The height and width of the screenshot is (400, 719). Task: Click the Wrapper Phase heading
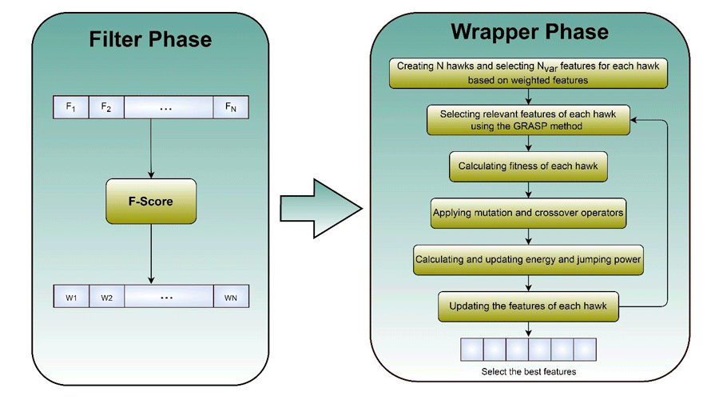[x=529, y=32]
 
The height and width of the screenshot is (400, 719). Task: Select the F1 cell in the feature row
[x=70, y=107]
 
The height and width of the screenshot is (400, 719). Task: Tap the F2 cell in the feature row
[x=106, y=107]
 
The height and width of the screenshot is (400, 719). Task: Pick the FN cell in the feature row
[x=231, y=107]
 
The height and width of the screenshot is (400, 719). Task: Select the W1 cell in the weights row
[x=70, y=297]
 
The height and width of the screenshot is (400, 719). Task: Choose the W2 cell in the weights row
[x=106, y=297]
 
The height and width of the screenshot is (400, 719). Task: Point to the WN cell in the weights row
[x=231, y=297]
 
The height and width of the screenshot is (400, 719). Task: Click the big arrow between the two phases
[x=320, y=207]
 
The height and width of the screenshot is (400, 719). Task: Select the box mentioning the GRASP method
[x=528, y=121]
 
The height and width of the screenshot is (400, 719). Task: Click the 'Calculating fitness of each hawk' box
[x=528, y=167]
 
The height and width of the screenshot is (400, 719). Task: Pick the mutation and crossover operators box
[x=528, y=213]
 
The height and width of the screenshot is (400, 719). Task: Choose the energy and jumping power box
[x=528, y=259]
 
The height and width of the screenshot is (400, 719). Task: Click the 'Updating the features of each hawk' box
[x=528, y=306]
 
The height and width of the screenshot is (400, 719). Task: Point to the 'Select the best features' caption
[x=528, y=372]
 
